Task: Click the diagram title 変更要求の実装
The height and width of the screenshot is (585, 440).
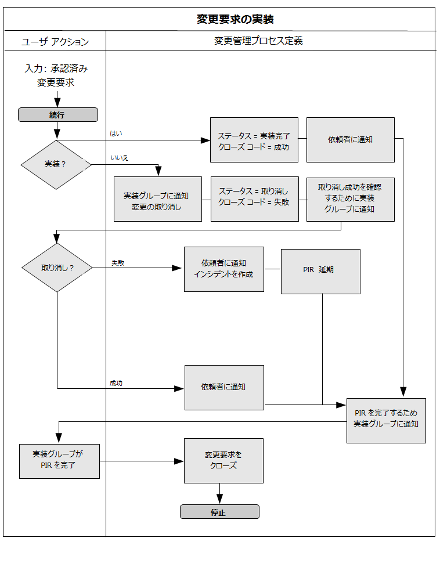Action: point(235,19)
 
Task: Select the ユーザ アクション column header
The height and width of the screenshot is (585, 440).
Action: point(55,42)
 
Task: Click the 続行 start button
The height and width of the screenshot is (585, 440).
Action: point(57,115)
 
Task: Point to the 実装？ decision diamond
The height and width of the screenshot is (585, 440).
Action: point(56,164)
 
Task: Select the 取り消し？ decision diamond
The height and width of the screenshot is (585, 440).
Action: point(57,268)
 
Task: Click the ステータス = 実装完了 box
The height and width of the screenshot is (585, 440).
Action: point(254,140)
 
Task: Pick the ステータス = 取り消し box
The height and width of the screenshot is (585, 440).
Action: point(254,199)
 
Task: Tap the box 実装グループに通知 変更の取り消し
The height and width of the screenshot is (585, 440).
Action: point(157,199)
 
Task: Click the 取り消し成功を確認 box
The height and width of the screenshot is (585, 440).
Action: point(350,199)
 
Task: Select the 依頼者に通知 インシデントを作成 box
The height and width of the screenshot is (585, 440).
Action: point(223,269)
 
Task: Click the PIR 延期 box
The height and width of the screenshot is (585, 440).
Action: point(320,271)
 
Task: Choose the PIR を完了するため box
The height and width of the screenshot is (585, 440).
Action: point(386,420)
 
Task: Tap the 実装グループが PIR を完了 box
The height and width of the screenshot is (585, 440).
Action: point(59,461)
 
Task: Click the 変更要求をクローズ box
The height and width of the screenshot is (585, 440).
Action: point(223,460)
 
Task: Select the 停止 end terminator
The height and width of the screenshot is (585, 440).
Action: point(219,512)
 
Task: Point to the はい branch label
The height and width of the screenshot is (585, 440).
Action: point(116,133)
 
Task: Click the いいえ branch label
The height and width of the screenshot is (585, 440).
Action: point(120,158)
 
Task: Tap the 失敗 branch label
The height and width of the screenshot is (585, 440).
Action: point(118,263)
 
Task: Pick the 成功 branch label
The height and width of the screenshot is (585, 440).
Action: point(116,383)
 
